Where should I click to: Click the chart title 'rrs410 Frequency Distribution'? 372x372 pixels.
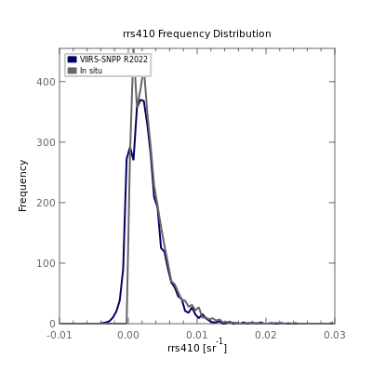click(x=197, y=33)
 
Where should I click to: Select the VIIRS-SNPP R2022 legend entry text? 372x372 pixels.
click(x=113, y=60)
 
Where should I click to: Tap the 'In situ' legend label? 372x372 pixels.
click(x=91, y=71)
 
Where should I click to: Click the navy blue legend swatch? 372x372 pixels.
click(x=73, y=60)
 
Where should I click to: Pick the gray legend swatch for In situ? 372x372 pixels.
click(x=73, y=71)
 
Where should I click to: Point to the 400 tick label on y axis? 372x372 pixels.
click(x=46, y=82)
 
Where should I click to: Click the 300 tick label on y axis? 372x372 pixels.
click(x=46, y=142)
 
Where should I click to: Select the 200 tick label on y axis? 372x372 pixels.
click(x=46, y=203)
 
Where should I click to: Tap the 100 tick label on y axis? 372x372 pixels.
click(x=46, y=263)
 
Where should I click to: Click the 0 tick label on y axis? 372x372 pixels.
click(x=52, y=324)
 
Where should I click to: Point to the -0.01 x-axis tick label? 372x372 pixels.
click(x=60, y=335)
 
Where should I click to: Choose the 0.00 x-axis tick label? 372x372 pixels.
click(x=128, y=335)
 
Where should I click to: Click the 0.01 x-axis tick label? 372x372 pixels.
click(x=197, y=335)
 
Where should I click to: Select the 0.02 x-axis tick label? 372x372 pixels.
click(x=266, y=335)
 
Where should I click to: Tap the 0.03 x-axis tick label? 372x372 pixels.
click(x=335, y=335)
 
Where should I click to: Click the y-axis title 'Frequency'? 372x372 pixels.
click(x=23, y=186)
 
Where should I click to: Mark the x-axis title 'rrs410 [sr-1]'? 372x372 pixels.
click(x=197, y=347)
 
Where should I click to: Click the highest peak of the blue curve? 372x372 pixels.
click(x=141, y=100)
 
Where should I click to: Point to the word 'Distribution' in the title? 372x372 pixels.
click(x=242, y=33)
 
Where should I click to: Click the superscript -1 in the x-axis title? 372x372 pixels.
click(x=219, y=342)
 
